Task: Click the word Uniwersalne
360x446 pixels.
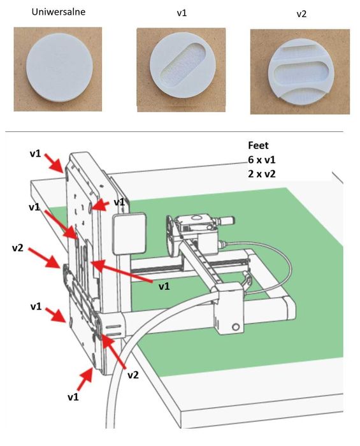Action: (58, 12)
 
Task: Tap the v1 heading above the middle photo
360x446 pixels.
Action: (182, 13)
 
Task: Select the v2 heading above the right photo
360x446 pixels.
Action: (301, 14)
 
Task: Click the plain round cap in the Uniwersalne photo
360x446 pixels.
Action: (59, 68)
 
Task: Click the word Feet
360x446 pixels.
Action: (258, 145)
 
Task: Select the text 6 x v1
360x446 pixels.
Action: (262, 160)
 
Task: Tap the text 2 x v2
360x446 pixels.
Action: (262, 174)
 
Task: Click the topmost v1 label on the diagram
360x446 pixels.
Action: (35, 154)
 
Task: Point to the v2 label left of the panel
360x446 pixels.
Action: (18, 248)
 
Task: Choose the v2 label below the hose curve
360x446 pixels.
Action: (133, 375)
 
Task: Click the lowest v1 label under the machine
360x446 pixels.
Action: (73, 397)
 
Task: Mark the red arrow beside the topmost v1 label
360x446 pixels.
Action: (55, 162)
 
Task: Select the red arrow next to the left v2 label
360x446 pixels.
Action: (44, 257)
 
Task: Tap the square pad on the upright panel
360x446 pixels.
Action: (129, 233)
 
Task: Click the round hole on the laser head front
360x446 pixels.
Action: (236, 327)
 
